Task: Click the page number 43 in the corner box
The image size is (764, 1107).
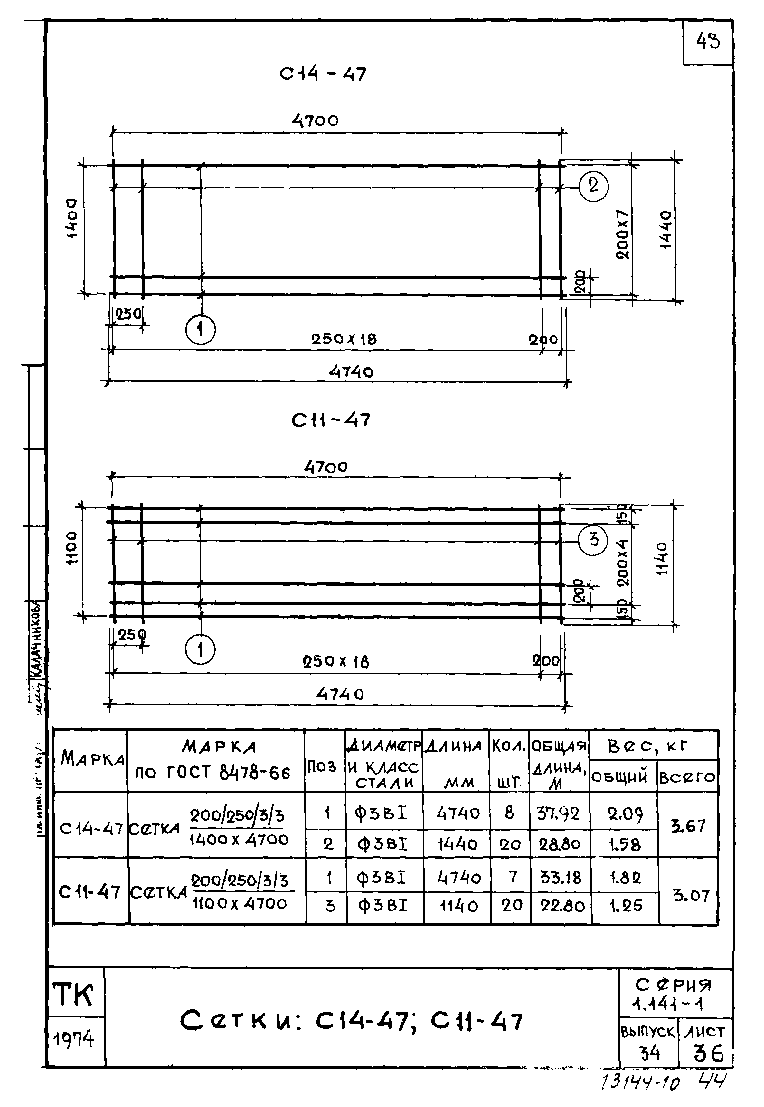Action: (708, 42)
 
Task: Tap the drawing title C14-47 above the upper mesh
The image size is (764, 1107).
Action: (323, 74)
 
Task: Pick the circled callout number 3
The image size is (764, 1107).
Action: (594, 539)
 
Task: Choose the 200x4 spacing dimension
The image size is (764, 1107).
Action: (622, 563)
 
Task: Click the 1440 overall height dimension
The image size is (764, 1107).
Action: (665, 230)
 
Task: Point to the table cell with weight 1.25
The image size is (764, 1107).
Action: (625, 905)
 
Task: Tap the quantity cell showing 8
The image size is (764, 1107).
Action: (509, 813)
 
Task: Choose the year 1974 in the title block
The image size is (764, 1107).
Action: (74, 1039)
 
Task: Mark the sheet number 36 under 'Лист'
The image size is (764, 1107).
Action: (708, 1053)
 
